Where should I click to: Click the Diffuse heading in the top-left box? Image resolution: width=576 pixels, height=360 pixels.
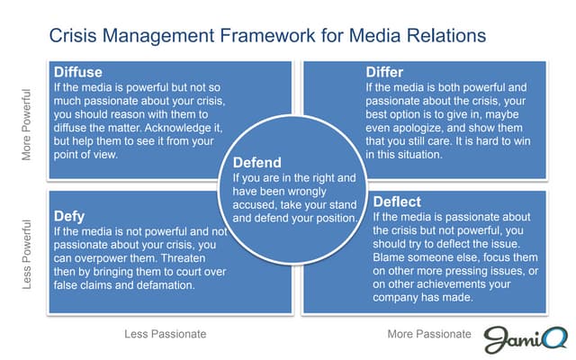[77, 72]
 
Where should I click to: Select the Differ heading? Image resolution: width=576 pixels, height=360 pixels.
[384, 72]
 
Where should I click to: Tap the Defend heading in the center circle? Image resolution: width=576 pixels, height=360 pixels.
[257, 164]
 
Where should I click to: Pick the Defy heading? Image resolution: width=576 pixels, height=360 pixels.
[70, 216]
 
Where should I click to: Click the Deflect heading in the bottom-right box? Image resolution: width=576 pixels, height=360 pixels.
[397, 202]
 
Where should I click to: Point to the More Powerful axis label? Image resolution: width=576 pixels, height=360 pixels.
[27, 124]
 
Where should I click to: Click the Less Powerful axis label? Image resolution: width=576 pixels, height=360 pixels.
[27, 257]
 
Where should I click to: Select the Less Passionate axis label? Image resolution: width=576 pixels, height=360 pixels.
[165, 334]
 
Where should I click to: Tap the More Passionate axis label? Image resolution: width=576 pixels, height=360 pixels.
[429, 334]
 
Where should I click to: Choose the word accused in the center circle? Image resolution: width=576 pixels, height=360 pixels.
[255, 204]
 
